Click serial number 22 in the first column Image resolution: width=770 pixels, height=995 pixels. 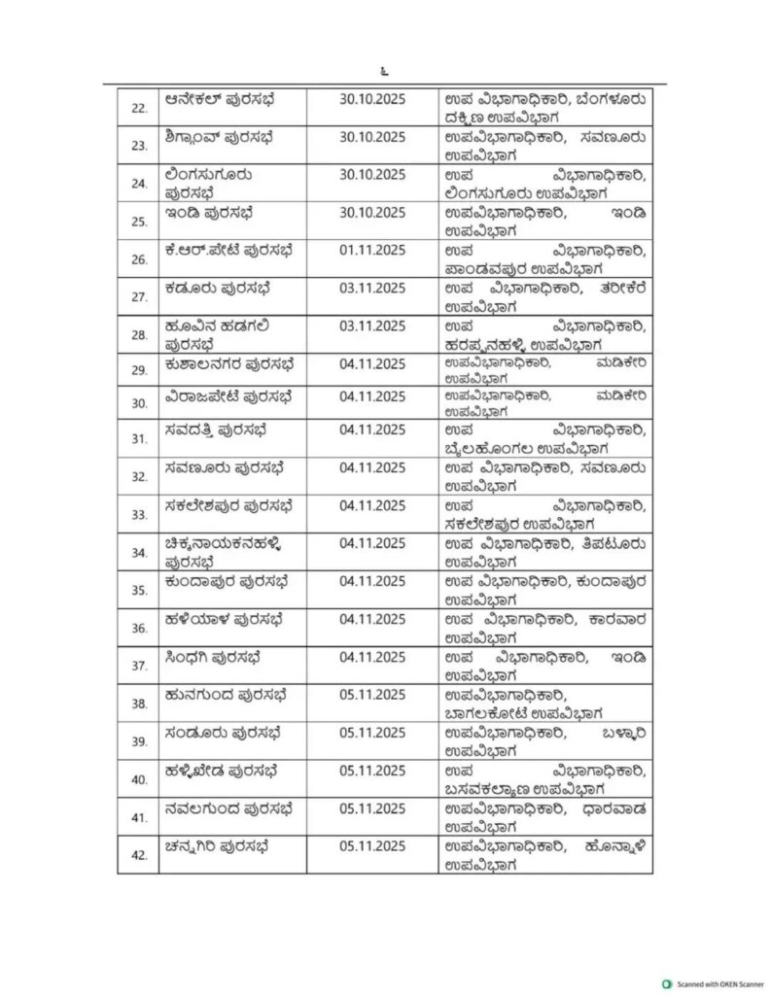point(139,107)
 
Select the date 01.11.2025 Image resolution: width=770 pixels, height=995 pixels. point(372,250)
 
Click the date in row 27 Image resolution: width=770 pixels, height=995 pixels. point(372,288)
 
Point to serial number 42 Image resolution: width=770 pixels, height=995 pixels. point(139,854)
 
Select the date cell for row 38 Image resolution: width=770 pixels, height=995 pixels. point(372,695)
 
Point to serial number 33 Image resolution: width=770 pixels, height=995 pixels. point(139,514)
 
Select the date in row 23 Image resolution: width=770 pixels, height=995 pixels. point(372,137)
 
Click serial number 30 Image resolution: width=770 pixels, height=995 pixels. point(139,401)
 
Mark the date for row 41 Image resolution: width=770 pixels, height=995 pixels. point(372,808)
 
